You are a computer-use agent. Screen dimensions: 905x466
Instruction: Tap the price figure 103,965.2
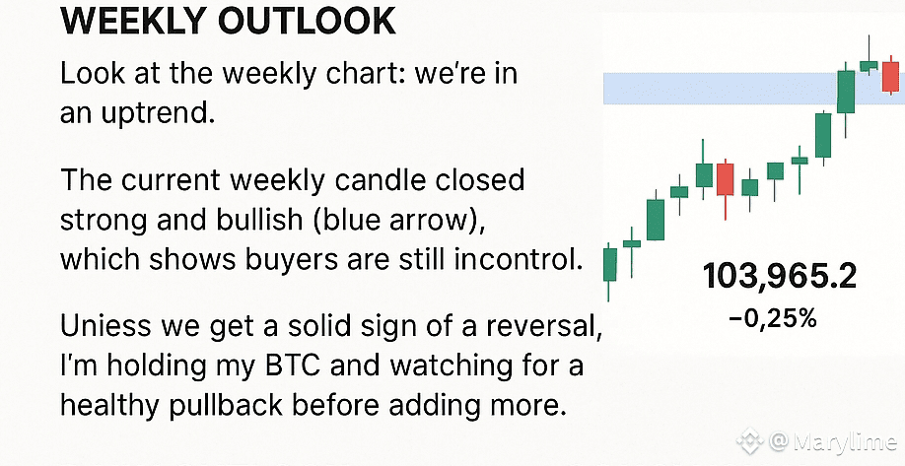point(780,276)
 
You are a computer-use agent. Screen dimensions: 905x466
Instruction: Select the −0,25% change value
point(773,318)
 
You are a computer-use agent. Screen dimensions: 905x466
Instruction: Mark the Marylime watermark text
point(843,443)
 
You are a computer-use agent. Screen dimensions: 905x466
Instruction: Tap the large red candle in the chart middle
point(725,180)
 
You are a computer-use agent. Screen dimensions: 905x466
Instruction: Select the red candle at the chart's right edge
point(890,76)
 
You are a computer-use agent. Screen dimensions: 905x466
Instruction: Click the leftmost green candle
point(609,265)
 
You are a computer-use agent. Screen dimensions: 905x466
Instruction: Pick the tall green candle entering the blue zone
point(846,92)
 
